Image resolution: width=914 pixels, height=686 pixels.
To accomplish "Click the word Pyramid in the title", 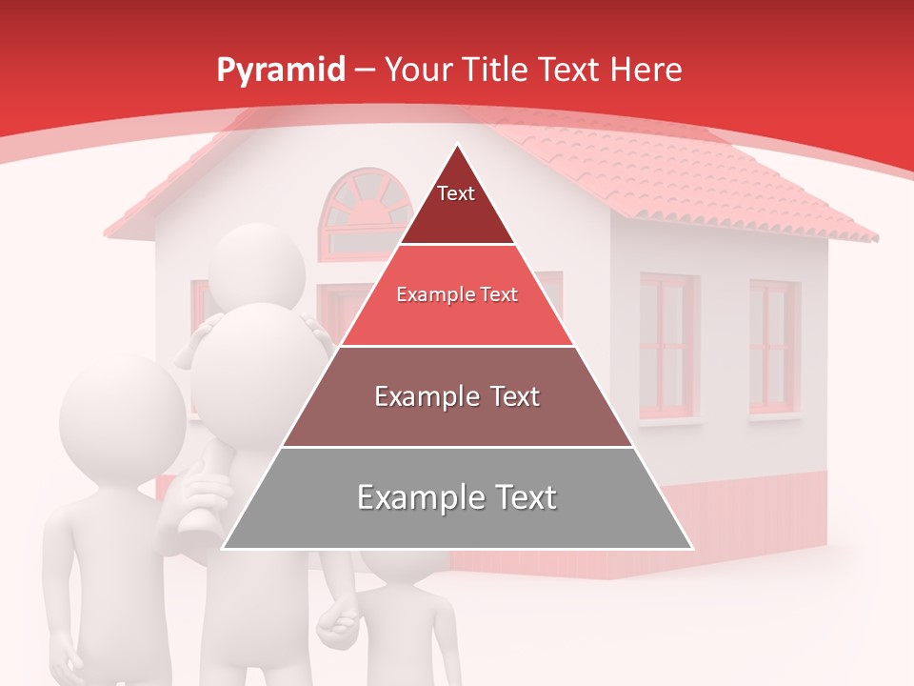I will tap(280, 70).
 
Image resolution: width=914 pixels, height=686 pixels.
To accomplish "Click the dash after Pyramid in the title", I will tap(364, 71).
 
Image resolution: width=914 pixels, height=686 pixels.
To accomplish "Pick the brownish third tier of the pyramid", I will tap(457, 396).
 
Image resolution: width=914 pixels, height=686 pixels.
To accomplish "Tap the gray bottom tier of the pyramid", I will tap(457, 498).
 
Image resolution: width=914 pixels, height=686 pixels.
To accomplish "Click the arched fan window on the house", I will tap(360, 212).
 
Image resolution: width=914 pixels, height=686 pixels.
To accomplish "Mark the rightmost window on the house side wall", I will tap(773, 348).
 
